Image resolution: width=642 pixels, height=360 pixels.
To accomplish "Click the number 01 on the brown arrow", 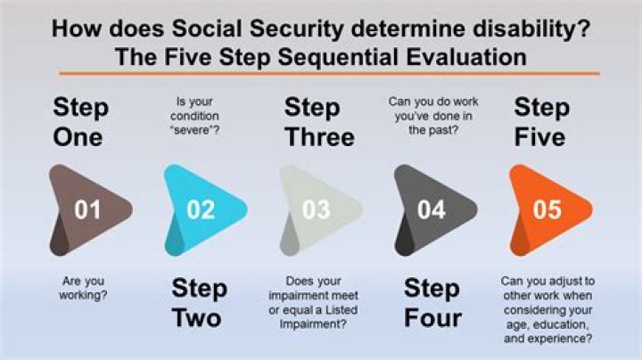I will point(87,210).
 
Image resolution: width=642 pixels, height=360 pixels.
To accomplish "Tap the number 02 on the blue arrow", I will point(202,210).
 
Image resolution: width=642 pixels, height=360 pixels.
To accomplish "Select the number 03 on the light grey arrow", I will point(317,210).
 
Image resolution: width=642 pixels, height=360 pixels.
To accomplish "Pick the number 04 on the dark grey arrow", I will point(432,210).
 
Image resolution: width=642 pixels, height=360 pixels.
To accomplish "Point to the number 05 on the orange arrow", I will point(547,210).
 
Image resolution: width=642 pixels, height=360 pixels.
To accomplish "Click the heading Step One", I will point(79,123).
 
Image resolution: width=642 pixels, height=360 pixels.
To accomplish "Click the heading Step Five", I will point(540,123).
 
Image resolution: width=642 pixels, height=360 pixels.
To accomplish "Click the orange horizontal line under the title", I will point(321,74).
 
